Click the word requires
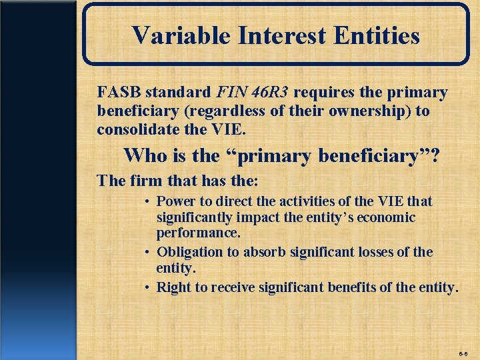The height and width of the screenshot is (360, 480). tap(323, 91)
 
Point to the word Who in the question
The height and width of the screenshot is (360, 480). tap(143, 156)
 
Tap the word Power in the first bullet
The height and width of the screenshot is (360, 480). tap(175, 201)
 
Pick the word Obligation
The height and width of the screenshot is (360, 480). tap(189, 252)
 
